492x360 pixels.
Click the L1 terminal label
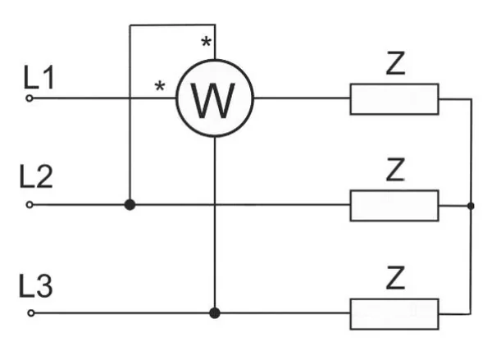tap(39, 77)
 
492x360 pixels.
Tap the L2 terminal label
tap(36, 176)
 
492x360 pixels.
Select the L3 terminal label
tap(36, 285)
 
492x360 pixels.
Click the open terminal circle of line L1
tap(30, 98)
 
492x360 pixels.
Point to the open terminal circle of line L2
tap(30, 205)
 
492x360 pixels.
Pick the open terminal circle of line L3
tap(31, 313)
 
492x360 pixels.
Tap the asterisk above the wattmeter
tap(206, 42)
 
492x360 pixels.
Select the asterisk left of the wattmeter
tap(160, 86)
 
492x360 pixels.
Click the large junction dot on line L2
tap(130, 205)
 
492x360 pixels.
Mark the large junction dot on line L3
tap(215, 313)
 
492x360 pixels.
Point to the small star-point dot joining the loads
tap(471, 206)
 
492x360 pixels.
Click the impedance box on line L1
tap(394, 99)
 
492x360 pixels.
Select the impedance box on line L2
tap(394, 206)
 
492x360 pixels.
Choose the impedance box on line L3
tap(394, 314)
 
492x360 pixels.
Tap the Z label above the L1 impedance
tap(395, 63)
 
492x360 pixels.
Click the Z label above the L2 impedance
tap(395, 170)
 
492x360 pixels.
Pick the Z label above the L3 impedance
tap(395, 278)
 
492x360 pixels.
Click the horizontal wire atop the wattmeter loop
tap(172, 25)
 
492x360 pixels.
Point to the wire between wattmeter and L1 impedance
tap(302, 98)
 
